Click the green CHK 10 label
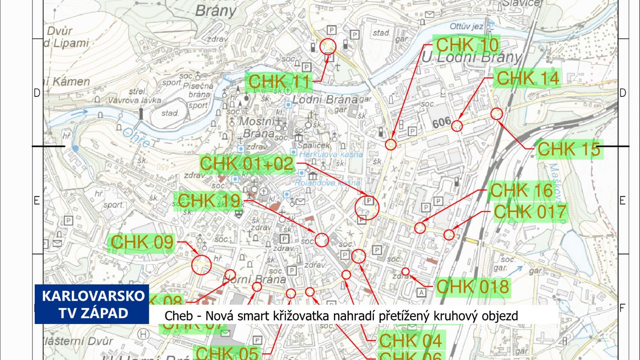coord(467,45)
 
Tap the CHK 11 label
coord(279,82)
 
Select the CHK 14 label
coord(528,78)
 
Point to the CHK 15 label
coord(568,149)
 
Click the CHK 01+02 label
coord(247,164)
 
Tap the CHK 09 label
coord(142,242)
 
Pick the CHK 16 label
coord(521,191)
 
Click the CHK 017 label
coord(530,212)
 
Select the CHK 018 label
coord(472,287)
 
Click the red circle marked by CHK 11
coord(328,47)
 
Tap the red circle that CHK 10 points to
coord(391,144)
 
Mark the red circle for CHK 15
coord(496,114)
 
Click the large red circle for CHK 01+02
coord(367,208)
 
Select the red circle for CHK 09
coord(201,265)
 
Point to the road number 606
coord(442,122)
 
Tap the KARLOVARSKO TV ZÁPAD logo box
coord(92,304)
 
